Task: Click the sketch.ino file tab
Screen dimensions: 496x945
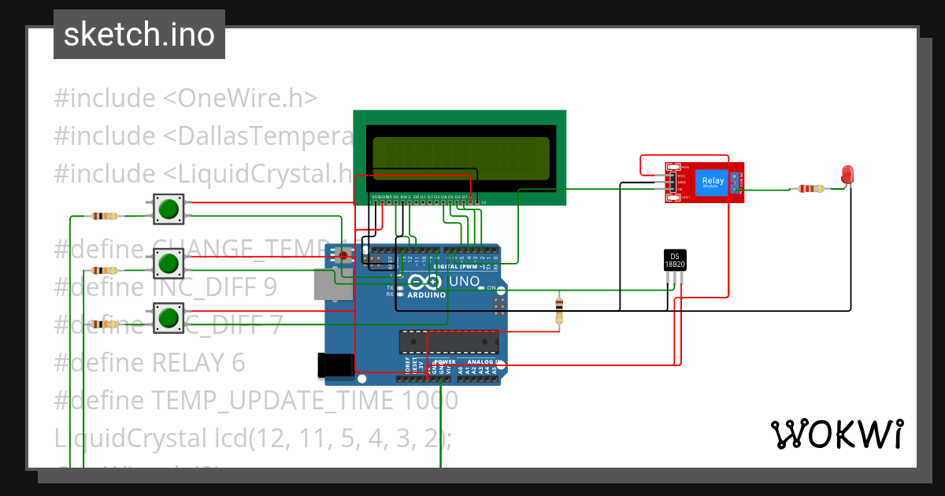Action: pyautogui.click(x=139, y=35)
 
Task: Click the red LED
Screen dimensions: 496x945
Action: pyautogui.click(x=847, y=175)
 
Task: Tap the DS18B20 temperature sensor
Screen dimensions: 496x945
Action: pyautogui.click(x=675, y=260)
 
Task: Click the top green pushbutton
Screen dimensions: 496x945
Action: pyautogui.click(x=167, y=209)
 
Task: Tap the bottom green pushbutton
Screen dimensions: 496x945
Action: pyautogui.click(x=167, y=317)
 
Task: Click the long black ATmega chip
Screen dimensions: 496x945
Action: pyautogui.click(x=449, y=342)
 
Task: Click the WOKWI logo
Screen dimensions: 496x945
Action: pyautogui.click(x=836, y=434)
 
